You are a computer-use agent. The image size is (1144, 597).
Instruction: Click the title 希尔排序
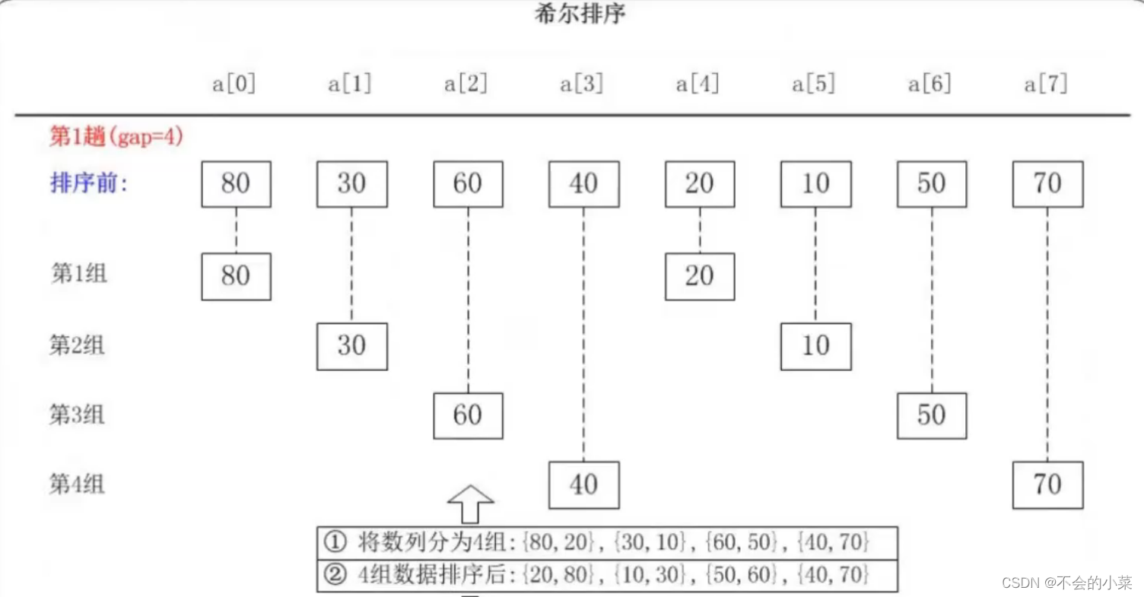coord(580,14)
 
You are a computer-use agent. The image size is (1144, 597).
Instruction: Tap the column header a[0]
coord(234,84)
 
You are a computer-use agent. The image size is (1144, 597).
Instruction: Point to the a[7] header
coord(1046,84)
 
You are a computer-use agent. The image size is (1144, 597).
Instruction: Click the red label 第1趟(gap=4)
coord(116,136)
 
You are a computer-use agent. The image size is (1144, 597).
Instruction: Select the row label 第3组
coord(78,414)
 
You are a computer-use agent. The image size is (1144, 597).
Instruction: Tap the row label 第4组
coord(78,484)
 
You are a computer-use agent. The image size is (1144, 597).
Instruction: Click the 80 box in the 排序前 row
coord(236,184)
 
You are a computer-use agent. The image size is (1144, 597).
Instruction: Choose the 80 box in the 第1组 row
coord(236,276)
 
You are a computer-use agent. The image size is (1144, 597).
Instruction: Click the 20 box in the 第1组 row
coord(700,276)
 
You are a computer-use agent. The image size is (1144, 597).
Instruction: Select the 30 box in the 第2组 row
coord(351,346)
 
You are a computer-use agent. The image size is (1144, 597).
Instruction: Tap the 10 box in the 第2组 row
coord(815,346)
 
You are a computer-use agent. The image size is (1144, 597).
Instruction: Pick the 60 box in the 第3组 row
coord(468,415)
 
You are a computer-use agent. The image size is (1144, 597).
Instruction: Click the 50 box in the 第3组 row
coord(932,415)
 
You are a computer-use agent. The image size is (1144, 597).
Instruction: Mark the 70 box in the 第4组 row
coord(1047,484)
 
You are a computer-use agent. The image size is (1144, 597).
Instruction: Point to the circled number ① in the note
coord(335,543)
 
